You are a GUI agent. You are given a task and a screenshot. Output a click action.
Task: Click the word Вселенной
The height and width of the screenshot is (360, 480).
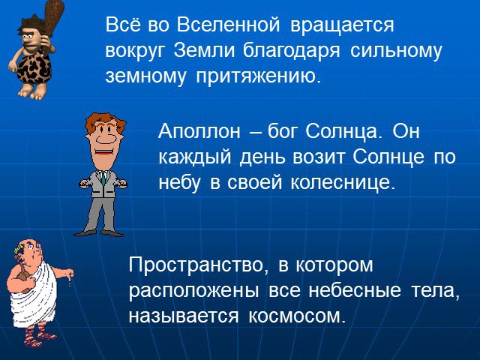click(x=228, y=25)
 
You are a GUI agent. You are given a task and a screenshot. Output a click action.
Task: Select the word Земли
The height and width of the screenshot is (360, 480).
click(x=204, y=50)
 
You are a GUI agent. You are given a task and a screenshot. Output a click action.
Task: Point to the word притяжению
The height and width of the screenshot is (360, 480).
click(x=259, y=76)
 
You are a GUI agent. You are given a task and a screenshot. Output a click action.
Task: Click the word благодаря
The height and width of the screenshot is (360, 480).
click(x=292, y=52)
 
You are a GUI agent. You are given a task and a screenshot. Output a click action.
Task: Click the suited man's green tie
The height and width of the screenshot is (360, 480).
click(x=103, y=178)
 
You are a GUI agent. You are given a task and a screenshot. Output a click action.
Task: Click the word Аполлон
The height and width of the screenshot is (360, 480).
click(x=199, y=132)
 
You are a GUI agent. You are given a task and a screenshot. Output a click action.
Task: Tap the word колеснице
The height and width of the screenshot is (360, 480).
click(x=343, y=183)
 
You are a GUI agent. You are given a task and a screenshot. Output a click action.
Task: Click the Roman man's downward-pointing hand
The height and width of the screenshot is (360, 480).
click(x=70, y=275)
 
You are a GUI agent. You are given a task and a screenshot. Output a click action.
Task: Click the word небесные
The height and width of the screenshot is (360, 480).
click(x=355, y=291)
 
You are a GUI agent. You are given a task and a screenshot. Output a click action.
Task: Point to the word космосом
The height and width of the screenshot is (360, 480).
click(x=297, y=316)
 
